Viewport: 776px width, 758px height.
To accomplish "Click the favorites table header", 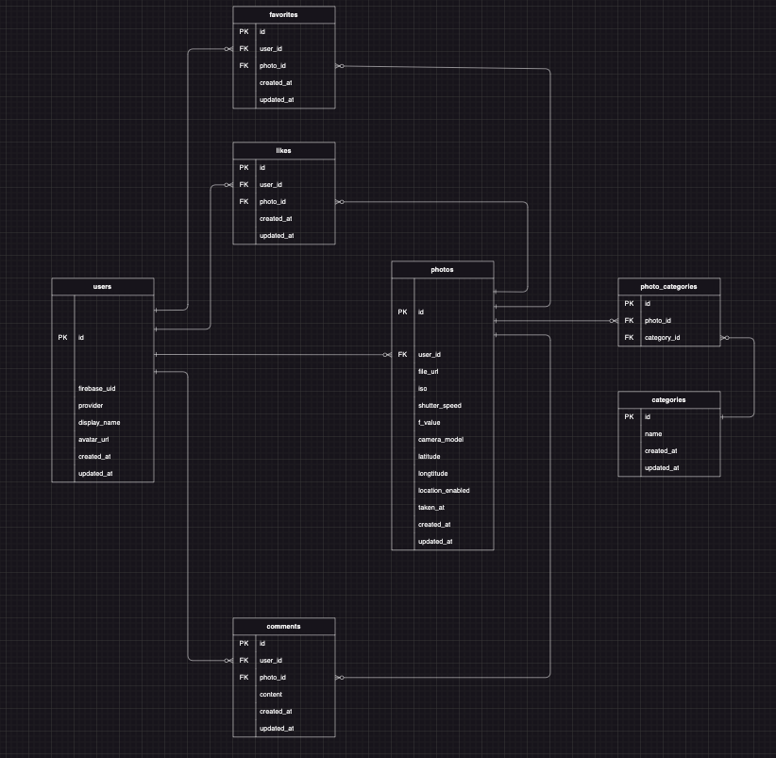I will click(284, 14).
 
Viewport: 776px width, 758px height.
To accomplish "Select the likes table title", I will click(284, 150).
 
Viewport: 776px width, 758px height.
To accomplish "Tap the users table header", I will click(103, 286).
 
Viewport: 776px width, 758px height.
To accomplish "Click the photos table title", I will click(443, 269).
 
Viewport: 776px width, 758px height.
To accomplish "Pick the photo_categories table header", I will click(668, 286).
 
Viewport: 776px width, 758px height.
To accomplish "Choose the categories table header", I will click(668, 399).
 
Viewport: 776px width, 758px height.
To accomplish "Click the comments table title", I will click(284, 626).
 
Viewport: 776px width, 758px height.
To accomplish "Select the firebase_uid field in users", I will click(97, 388).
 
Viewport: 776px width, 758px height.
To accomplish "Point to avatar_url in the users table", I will click(93, 439).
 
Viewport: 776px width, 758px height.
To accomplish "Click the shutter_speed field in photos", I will click(440, 405).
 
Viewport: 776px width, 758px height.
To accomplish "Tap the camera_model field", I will click(440, 439).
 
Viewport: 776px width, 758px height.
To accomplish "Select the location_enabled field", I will click(444, 490).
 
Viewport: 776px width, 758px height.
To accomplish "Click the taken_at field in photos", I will click(431, 507).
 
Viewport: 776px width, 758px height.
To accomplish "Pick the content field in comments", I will click(272, 694).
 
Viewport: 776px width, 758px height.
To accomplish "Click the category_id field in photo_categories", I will click(663, 337).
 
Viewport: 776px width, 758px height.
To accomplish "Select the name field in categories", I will click(653, 433).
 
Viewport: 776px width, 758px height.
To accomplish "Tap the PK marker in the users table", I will click(63, 337).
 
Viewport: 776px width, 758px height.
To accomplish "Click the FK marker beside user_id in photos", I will click(403, 354).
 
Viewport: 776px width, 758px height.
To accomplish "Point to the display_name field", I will click(99, 422).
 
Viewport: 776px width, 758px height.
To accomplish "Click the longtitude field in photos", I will click(433, 473).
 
